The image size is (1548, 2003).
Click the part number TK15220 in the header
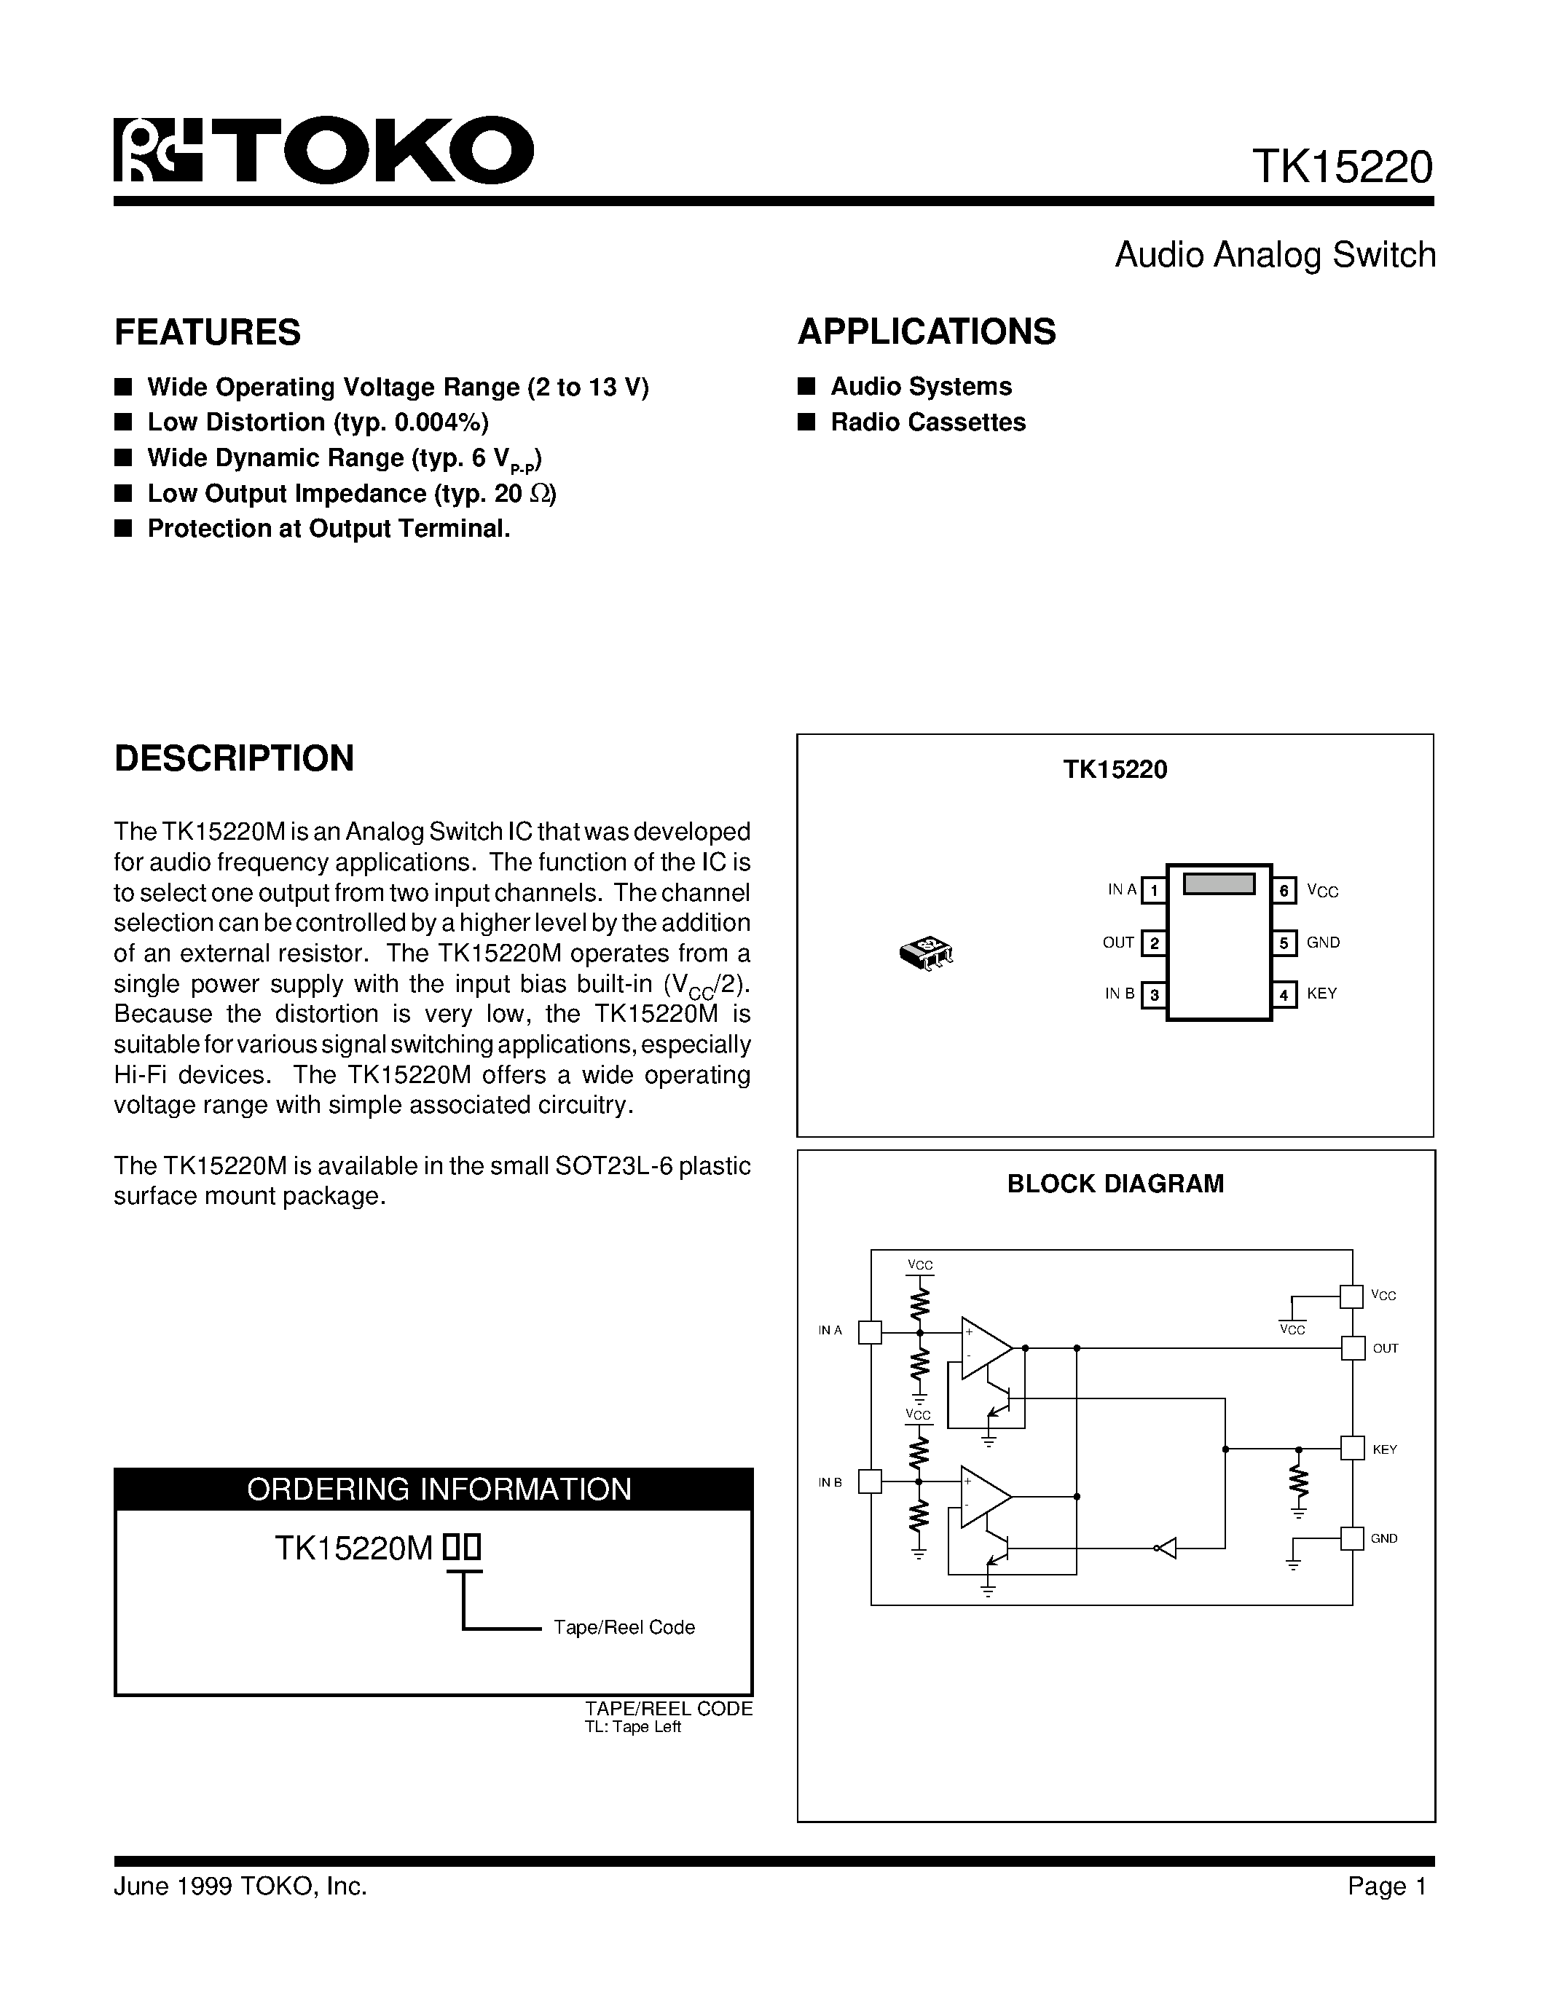coord(1342,167)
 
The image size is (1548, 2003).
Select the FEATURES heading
coord(208,332)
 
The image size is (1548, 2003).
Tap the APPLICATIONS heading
coord(926,331)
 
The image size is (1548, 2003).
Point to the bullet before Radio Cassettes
coord(806,422)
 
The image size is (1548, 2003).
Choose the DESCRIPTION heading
coord(234,758)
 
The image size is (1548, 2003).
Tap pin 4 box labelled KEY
coord(1284,995)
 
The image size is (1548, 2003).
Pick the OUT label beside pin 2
coord(1118,943)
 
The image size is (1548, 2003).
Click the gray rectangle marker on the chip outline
coord(1219,884)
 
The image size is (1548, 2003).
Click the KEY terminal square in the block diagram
coord(1352,1449)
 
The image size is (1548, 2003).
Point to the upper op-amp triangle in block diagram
coord(984,1348)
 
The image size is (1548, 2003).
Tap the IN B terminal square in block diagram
coord(869,1481)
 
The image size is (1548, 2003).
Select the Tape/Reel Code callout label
coord(624,1627)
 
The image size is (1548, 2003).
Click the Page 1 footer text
coord(1386,1886)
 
